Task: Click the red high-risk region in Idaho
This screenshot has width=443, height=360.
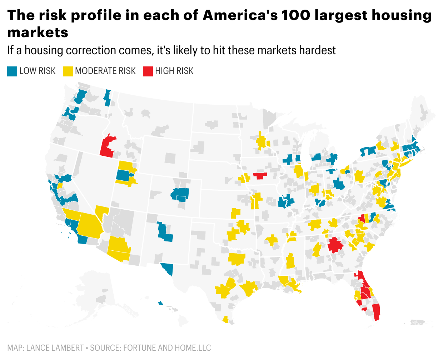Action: coord(107,146)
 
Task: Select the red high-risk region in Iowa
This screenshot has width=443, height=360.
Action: coord(260,175)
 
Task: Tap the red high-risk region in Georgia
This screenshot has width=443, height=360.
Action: coord(335,245)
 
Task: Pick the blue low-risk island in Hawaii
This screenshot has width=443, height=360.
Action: coord(160,303)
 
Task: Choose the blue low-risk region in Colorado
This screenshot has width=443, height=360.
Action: coord(181,194)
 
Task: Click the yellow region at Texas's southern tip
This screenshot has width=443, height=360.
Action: coord(225,319)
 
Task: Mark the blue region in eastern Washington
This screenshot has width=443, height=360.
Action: coord(107,98)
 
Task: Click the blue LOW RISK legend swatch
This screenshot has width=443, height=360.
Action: coord(12,71)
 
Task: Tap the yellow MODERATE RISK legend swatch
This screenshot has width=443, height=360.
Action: coord(68,71)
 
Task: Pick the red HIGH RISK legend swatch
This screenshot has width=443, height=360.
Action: coord(148,71)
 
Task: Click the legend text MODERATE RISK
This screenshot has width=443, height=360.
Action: coord(105,71)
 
